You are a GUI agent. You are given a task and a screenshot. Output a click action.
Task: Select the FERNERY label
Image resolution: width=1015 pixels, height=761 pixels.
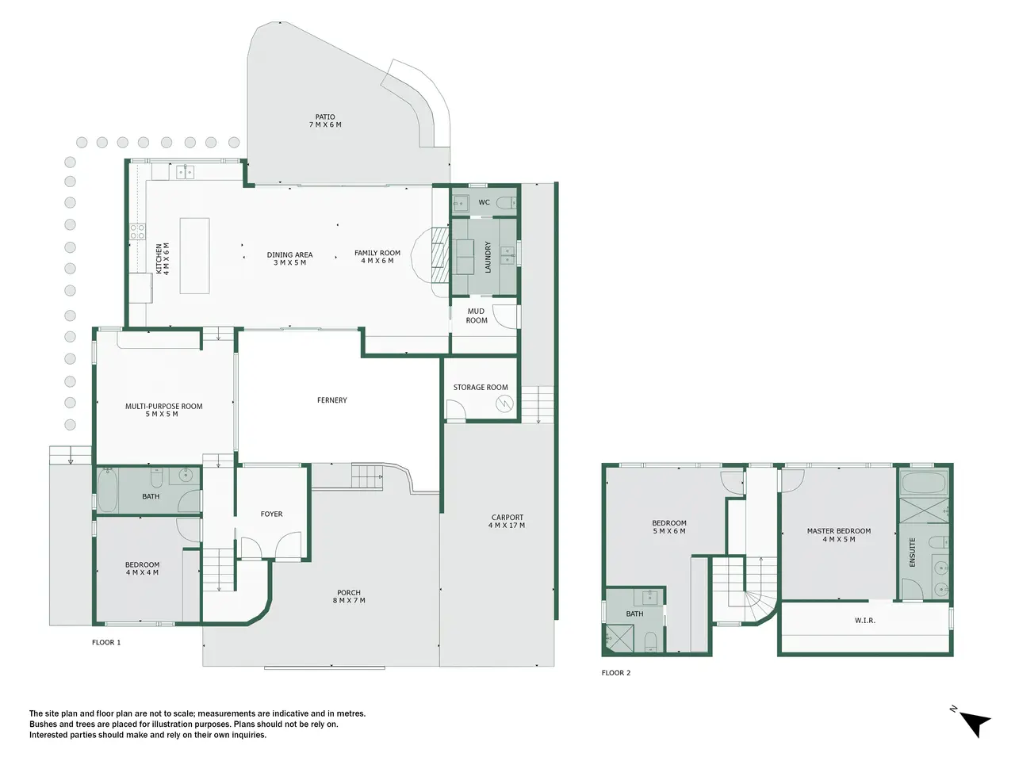[x=332, y=400]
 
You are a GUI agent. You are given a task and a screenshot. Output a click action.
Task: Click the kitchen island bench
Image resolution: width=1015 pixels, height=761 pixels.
[x=194, y=256]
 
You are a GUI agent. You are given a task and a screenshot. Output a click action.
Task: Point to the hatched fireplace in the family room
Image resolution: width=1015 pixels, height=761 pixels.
[x=440, y=255]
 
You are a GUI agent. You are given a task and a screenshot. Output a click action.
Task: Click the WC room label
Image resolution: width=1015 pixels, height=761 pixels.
[x=485, y=202]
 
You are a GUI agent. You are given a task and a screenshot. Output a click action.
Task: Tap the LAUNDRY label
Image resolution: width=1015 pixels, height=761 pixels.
[x=488, y=257]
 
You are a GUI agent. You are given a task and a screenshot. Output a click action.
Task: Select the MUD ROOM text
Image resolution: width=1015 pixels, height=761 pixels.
[x=477, y=315]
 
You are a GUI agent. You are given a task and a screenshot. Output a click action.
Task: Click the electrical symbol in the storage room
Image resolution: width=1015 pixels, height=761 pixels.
[x=504, y=403]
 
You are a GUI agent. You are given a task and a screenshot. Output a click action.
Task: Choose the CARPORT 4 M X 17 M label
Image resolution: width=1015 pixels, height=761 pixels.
[x=507, y=521]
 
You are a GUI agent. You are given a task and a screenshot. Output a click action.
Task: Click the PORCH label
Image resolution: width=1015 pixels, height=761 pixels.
[x=349, y=592]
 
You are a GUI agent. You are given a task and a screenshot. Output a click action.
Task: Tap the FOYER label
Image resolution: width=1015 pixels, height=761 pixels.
[x=271, y=514]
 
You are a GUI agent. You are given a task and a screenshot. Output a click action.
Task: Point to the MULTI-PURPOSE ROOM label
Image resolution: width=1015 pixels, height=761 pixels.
[x=163, y=406]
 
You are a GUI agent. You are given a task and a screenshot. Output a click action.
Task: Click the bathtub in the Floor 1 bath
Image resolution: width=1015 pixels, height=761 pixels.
[x=107, y=489]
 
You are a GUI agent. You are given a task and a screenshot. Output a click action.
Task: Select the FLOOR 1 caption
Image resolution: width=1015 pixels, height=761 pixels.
[x=106, y=642]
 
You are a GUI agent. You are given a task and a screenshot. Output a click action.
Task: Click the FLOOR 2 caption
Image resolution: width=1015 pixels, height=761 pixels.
[x=616, y=673]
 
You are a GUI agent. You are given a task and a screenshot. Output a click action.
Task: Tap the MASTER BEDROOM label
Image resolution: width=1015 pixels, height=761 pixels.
[x=839, y=531]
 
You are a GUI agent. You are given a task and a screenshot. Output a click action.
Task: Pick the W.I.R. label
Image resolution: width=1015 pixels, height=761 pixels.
[x=864, y=620]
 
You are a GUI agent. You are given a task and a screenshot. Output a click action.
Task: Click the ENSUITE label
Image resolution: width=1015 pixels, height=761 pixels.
[x=913, y=552]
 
